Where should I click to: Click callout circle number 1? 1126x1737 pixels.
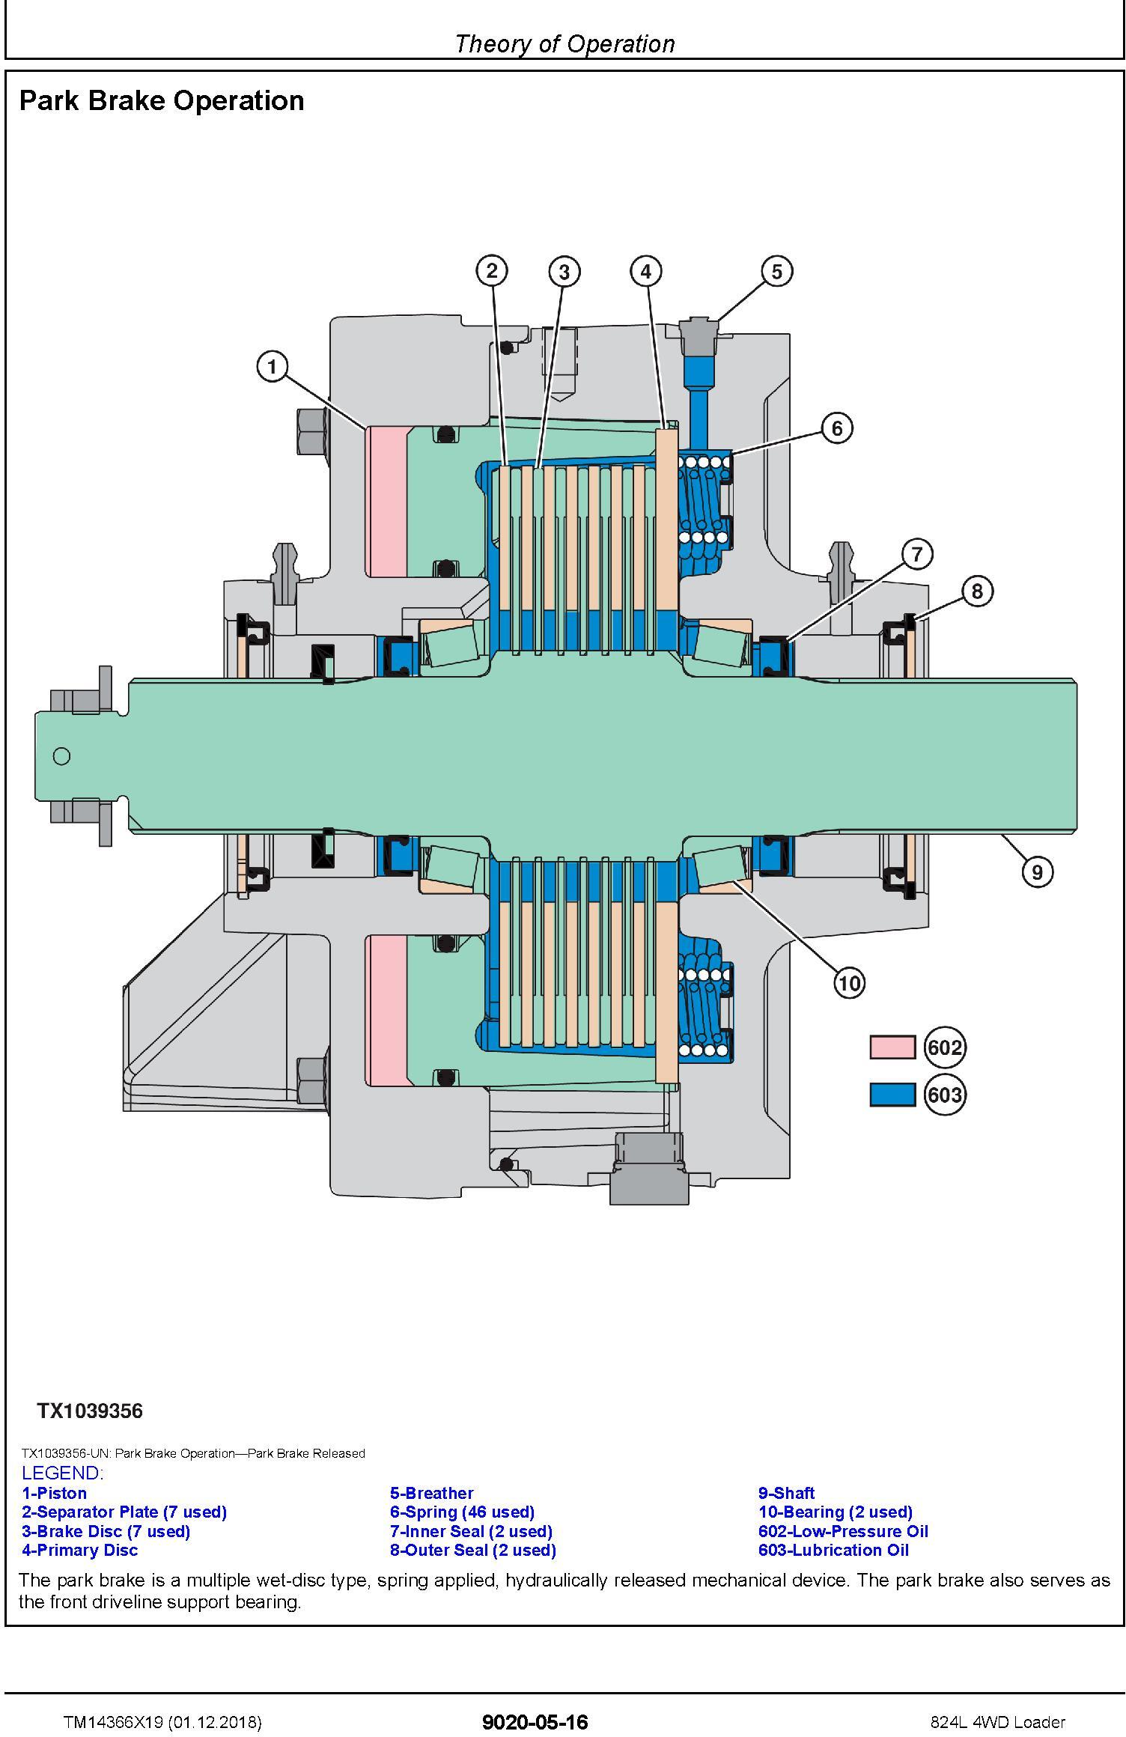pos(273,367)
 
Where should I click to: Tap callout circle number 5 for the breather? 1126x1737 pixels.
pos(776,271)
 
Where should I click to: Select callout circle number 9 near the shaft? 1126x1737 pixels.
pos(1037,871)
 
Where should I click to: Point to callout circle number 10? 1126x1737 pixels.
pos(849,982)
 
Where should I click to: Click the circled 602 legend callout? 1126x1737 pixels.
pos(945,1047)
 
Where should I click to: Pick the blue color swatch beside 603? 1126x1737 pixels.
pos(892,1095)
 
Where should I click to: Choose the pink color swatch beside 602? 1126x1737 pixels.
pos(892,1047)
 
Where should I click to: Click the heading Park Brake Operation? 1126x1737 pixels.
pos(162,100)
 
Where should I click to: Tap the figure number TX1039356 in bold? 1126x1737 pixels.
pos(90,1411)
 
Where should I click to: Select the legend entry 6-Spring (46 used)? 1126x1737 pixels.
pos(462,1512)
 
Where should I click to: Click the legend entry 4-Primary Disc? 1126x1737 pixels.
pos(79,1550)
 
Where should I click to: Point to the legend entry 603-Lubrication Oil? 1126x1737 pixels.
pos(833,1550)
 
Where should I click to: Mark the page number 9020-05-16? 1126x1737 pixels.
pos(535,1722)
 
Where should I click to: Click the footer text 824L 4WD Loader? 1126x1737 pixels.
pos(997,1722)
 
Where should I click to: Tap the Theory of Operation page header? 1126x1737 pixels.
pos(564,44)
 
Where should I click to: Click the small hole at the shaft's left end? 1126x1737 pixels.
pos(62,756)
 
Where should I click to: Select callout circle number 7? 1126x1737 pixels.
pos(917,555)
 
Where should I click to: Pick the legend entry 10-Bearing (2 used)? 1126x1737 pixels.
pos(835,1512)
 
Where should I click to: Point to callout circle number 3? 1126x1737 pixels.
pos(564,271)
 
